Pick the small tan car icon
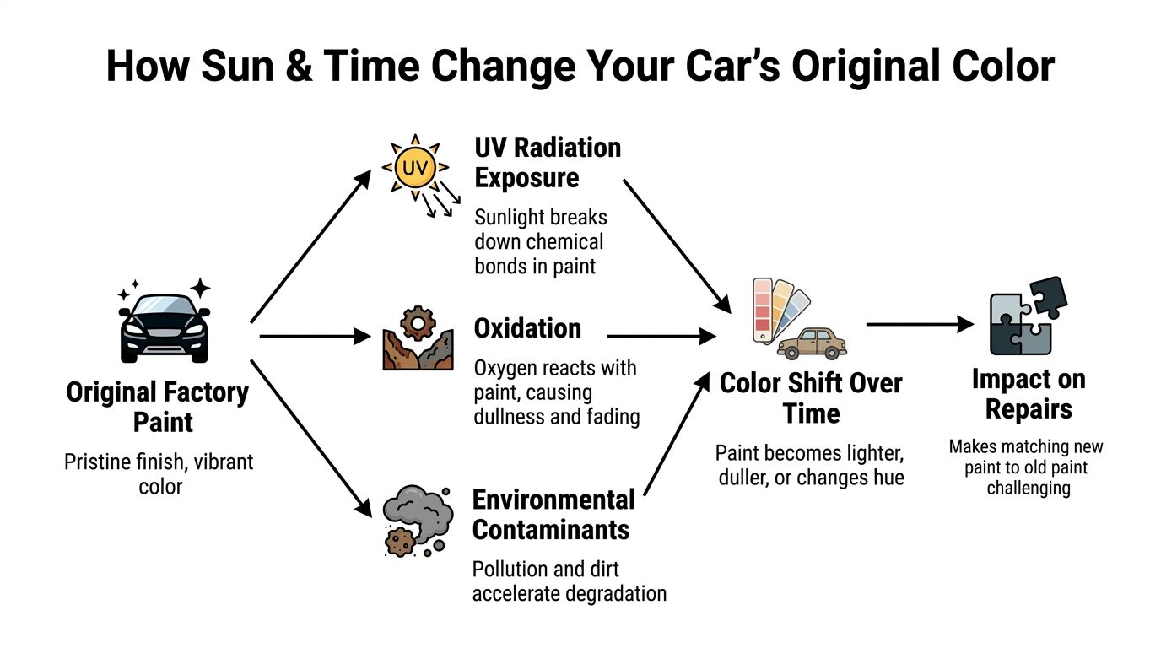(812, 343)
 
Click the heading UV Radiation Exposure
(548, 162)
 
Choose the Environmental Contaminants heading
(552, 514)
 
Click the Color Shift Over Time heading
(810, 397)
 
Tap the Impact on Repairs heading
(1028, 394)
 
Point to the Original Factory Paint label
(158, 406)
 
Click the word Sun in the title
(238, 66)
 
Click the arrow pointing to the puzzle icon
(920, 324)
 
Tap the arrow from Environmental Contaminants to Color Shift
(675, 435)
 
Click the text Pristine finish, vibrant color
(159, 474)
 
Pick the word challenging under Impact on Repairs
(1028, 488)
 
